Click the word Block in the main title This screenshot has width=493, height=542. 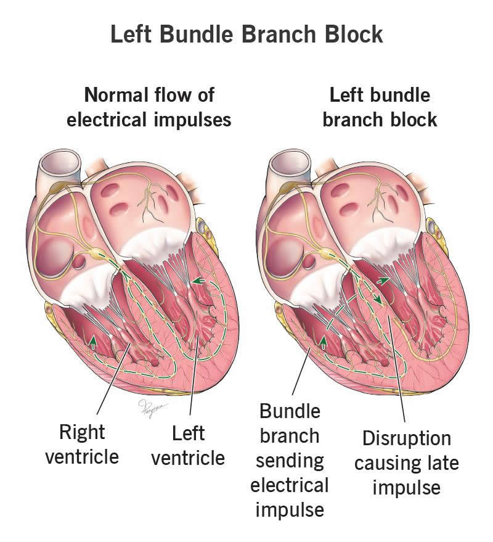349,35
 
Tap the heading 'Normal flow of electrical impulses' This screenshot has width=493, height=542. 149,107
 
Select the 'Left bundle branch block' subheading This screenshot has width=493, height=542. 380,107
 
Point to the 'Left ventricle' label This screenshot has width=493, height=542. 188,446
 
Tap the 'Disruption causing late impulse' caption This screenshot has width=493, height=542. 406,462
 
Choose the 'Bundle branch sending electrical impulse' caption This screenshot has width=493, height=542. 289,460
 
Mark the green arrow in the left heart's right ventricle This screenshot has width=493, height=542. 92,339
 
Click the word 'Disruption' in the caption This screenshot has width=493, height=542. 406,438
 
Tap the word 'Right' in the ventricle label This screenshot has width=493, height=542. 82,432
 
